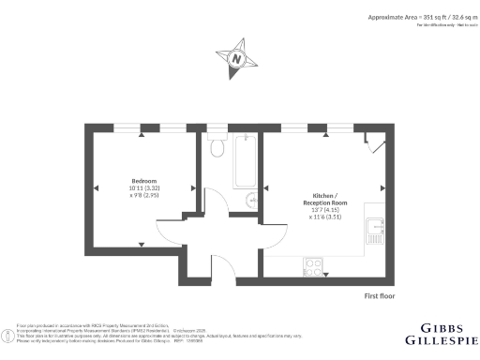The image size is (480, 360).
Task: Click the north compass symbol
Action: coord(237,58)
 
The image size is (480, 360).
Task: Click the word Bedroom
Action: coord(143,180)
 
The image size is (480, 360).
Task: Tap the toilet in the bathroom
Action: coord(217,146)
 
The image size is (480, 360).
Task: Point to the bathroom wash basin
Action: coord(251,200)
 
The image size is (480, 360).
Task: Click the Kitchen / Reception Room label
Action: coord(324,199)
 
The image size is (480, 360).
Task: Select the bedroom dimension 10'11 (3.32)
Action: coord(143,188)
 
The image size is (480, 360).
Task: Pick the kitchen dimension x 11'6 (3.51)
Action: coord(324,217)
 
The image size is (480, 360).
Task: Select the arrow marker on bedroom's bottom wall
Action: coord(142,245)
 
